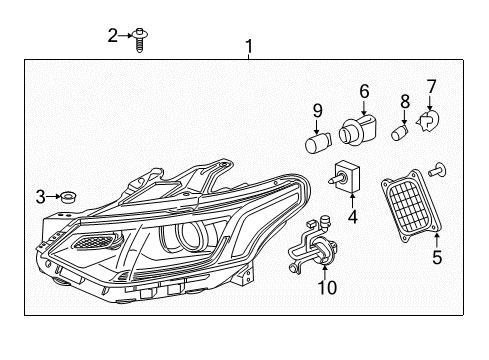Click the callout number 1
click(x=249, y=46)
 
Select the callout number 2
click(x=113, y=37)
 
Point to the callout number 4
click(x=352, y=215)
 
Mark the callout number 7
click(x=431, y=87)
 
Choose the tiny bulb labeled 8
click(x=401, y=133)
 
